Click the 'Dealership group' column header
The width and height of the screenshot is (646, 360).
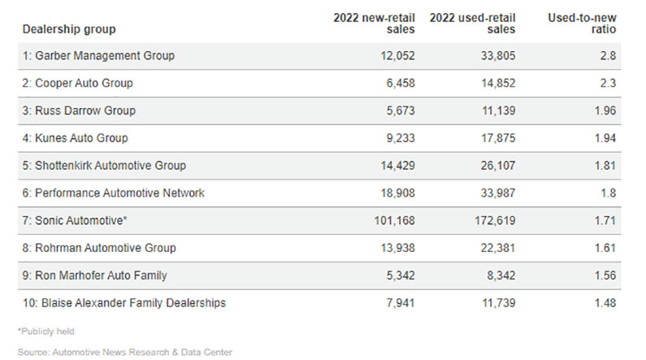69,29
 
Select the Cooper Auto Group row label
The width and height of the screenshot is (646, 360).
78,83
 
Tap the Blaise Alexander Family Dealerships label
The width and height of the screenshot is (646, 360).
124,303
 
